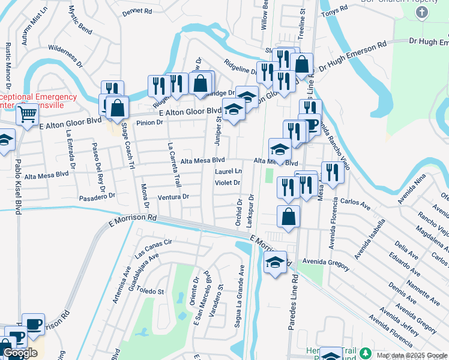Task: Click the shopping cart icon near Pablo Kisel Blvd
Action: coord(27,116)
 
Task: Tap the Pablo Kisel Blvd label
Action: coord(18,183)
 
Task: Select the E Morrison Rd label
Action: coord(133,220)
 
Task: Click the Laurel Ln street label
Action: coord(228,172)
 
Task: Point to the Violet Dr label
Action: coord(228,182)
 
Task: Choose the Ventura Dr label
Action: coord(173,196)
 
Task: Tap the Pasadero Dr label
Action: coord(97,196)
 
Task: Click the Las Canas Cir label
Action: coord(153,247)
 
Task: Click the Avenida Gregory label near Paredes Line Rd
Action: coord(326,262)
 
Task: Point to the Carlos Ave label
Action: coord(355,205)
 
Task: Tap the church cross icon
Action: coord(422,13)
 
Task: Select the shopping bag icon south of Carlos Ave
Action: coord(289,217)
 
